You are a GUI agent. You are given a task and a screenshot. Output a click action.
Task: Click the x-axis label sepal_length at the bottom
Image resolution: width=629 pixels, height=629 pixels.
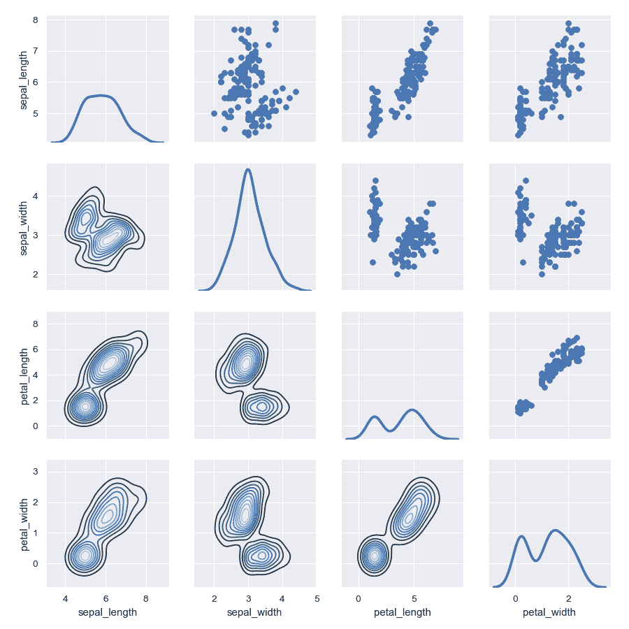point(107,612)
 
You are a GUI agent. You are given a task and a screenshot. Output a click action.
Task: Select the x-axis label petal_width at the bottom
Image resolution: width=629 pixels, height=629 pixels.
point(549,612)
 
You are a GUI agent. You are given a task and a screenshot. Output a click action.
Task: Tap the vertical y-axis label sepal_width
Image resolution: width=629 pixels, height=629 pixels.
point(24,226)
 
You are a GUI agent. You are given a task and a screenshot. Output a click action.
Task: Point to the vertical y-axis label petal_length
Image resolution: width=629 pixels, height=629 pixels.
point(24,376)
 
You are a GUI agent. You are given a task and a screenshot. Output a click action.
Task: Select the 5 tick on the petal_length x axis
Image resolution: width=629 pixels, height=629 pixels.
point(414,598)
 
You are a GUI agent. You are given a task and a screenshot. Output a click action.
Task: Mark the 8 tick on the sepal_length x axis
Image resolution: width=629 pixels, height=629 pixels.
point(145,598)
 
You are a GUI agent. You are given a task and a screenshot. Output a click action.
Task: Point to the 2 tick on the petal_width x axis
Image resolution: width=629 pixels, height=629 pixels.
point(568,598)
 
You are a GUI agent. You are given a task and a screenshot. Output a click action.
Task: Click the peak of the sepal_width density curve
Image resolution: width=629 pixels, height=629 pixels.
point(247,169)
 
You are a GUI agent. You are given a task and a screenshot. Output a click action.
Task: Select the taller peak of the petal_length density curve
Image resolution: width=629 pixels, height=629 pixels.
point(412,410)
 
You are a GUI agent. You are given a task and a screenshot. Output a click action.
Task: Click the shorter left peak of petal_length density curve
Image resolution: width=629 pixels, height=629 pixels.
point(375,417)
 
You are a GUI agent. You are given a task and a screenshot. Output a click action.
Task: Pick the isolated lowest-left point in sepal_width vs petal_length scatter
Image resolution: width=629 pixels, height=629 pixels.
point(373,262)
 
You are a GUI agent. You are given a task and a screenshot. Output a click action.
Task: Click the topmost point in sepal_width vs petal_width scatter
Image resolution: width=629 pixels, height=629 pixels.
point(526,180)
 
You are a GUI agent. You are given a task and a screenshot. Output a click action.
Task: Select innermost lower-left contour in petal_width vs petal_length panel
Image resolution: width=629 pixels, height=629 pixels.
point(375,556)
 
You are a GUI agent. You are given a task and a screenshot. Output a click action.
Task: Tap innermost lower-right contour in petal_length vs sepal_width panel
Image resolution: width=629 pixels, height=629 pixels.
point(262,406)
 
